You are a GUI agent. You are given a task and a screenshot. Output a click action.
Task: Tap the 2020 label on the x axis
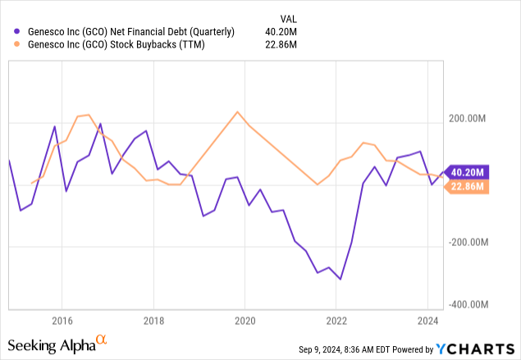pyautogui.click(x=245, y=320)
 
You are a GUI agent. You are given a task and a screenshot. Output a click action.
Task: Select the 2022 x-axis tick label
pyautogui.click(x=336, y=320)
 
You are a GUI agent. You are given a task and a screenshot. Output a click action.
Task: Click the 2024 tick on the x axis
pyautogui.click(x=427, y=320)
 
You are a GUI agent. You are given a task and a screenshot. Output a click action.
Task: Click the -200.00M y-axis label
pyautogui.click(x=468, y=243)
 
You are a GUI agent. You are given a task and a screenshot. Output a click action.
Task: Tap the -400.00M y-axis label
pyautogui.click(x=468, y=304)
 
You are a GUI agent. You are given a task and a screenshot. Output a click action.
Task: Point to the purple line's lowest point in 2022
pyautogui.click(x=340, y=280)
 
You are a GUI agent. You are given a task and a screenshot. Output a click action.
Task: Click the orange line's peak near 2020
pyautogui.click(x=237, y=112)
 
